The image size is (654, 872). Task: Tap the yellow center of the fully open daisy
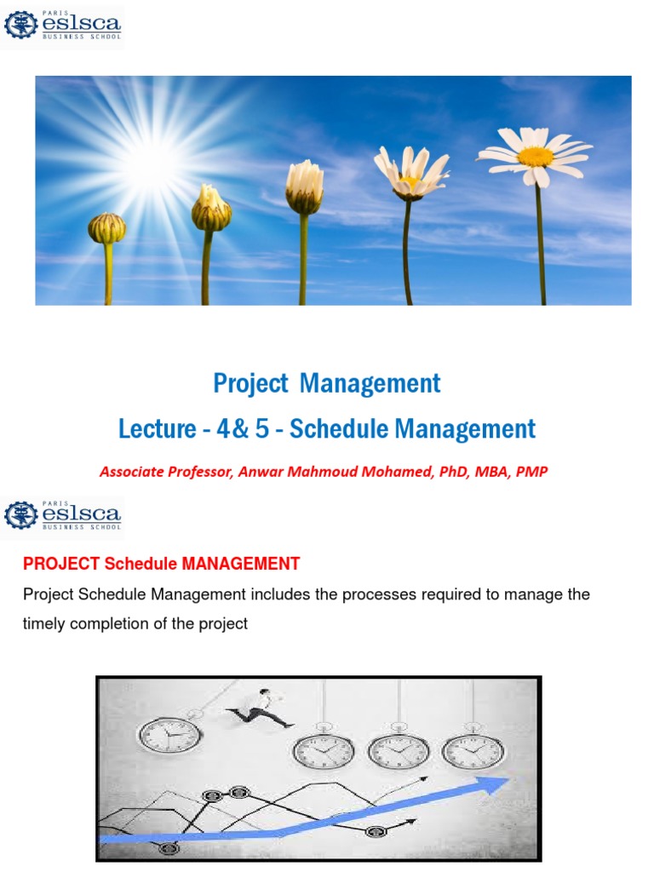point(535,157)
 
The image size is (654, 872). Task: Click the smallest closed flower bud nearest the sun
point(107,228)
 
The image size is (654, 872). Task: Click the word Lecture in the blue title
point(157,428)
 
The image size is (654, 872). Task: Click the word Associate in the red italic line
point(129,471)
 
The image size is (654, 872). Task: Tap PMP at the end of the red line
point(532,471)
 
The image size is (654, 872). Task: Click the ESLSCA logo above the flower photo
point(63,26)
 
